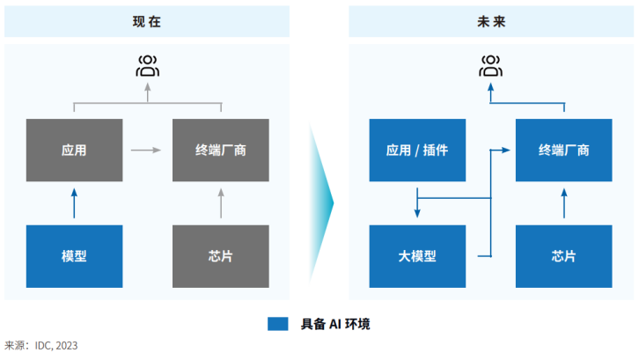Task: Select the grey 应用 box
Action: [74, 150]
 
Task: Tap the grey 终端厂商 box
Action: [221, 150]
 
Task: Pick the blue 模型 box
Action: [74, 256]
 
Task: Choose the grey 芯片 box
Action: [221, 256]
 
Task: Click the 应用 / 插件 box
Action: [417, 150]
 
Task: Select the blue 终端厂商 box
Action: [564, 150]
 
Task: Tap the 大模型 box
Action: [417, 256]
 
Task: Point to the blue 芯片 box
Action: [564, 256]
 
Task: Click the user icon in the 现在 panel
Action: [147, 64]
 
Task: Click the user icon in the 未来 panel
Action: [490, 64]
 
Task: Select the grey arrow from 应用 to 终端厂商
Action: [146, 151]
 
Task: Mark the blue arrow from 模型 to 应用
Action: [74, 202]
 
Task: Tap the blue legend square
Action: [278, 324]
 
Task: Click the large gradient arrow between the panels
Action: [322, 202]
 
